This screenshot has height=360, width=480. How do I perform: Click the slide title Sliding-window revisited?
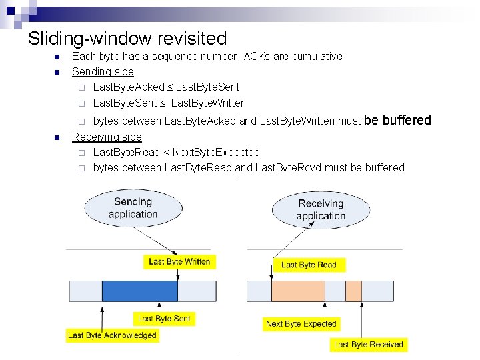click(127, 39)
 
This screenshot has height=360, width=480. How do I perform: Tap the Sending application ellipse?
click(133, 207)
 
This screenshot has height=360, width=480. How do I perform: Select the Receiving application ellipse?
click(321, 209)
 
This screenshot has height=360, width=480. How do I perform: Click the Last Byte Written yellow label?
click(179, 261)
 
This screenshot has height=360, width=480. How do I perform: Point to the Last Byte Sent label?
click(164, 319)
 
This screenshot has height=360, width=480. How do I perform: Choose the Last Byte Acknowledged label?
click(112, 335)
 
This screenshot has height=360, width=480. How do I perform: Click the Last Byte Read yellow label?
click(309, 265)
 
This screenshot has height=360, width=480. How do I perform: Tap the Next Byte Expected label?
click(301, 324)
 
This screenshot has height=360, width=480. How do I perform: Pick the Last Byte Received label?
click(369, 344)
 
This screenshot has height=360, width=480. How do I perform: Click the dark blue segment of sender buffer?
click(140, 291)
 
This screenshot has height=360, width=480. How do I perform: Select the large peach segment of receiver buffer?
click(298, 291)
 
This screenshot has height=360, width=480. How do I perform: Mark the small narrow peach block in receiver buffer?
click(353, 291)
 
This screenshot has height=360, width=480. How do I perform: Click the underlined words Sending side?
click(103, 71)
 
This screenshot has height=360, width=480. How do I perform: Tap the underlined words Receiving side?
click(107, 137)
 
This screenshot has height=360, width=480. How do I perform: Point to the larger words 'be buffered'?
click(398, 120)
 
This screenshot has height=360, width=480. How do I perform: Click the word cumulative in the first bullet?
click(317, 56)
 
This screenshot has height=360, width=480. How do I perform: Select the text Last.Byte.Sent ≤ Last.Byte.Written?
click(169, 103)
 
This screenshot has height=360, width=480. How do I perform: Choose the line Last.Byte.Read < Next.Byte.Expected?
click(176, 152)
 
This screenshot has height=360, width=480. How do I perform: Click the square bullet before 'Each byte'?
click(57, 57)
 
